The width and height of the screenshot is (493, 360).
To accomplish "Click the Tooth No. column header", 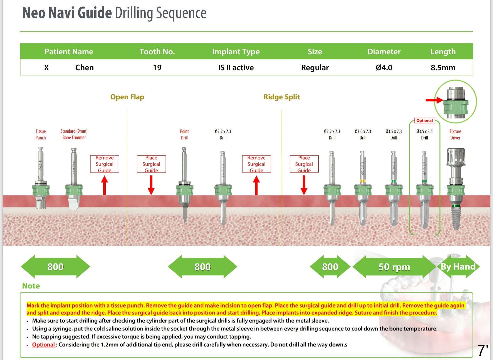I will point(157,52).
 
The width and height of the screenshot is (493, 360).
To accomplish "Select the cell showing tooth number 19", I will point(157,68).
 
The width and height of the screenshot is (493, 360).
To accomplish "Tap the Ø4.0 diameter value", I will point(384,68).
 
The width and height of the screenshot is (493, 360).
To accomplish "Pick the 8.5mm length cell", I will point(443,68).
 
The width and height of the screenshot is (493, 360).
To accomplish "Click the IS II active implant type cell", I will point(236,68).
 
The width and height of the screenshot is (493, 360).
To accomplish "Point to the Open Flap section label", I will point(127,97).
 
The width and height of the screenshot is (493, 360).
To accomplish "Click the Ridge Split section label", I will point(282,97).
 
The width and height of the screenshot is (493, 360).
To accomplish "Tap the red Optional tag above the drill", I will point(425,121).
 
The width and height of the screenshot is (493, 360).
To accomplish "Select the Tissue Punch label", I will point(41,134).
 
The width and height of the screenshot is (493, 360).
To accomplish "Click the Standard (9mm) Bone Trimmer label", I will point(74,134).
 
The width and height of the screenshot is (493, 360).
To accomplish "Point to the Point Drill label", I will point(184,134).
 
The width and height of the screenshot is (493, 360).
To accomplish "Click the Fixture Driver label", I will point(455,134).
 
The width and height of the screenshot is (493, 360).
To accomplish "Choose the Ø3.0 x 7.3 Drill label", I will point(363,134).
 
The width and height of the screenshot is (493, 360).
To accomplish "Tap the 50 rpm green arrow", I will point(394,267).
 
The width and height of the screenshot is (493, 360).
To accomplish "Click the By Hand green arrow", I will point(458,267).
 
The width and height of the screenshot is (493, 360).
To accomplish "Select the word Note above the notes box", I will point(31,286).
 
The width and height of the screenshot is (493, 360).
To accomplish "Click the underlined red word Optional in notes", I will point(43,345).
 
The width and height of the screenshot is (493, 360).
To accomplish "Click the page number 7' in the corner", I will point(483,351).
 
